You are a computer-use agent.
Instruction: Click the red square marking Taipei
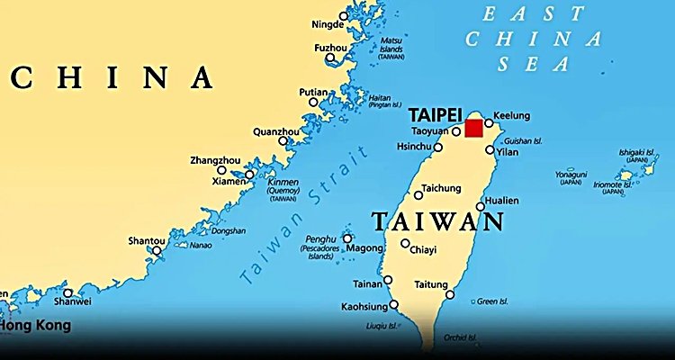473,128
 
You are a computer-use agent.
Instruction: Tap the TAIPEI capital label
435,114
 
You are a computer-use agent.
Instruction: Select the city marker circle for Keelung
490,123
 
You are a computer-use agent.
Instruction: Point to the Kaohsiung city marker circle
393,304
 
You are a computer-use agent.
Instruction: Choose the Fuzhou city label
330,47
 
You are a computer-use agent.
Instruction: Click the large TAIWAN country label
436,221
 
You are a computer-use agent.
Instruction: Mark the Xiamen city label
229,181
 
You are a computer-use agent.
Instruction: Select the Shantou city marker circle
157,250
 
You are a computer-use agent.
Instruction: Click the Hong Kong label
35,325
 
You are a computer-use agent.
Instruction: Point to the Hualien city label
501,201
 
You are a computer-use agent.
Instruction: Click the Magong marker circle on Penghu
347,238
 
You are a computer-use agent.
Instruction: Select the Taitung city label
430,284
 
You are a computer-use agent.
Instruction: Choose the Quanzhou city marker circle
283,140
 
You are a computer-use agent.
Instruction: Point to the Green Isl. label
494,301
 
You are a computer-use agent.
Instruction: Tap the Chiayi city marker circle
406,243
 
